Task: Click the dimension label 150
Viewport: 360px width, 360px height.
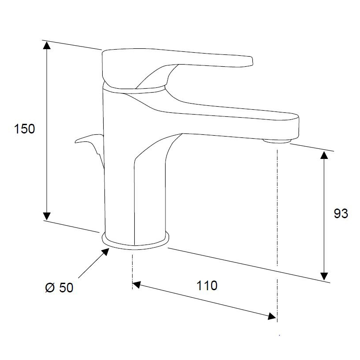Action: coord(25,129)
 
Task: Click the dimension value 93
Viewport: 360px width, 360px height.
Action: coord(341,213)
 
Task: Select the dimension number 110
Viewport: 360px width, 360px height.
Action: coord(207,286)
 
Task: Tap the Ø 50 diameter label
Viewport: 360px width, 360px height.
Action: coord(59,288)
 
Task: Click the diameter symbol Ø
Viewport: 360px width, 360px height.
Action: coord(50,288)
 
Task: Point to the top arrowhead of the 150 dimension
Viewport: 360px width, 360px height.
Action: coord(47,46)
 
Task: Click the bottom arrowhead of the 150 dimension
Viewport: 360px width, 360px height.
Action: coord(47,216)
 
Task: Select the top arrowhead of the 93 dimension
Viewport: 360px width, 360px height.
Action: coord(324,155)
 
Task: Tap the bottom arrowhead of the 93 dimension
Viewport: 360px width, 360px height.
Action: coord(324,276)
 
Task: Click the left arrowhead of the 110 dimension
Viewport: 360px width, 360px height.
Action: coord(137,284)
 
